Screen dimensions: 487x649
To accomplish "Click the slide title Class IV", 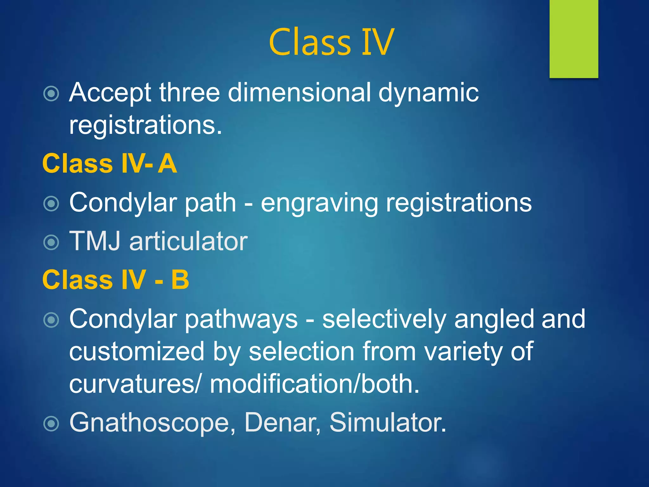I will click(331, 42).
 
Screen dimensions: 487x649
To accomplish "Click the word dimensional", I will click(299, 93).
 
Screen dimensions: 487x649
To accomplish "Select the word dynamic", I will click(428, 93).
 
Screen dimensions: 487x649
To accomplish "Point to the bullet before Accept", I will click(51, 94).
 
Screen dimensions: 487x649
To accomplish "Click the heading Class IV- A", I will click(110, 164).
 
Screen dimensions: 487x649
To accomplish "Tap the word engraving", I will click(319, 203).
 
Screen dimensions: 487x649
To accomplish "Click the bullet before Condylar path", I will click(51, 204).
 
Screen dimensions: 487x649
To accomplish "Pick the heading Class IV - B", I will click(116, 280).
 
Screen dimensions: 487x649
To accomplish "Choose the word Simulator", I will click(387, 422).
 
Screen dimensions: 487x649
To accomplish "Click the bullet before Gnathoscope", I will click(51, 424).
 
